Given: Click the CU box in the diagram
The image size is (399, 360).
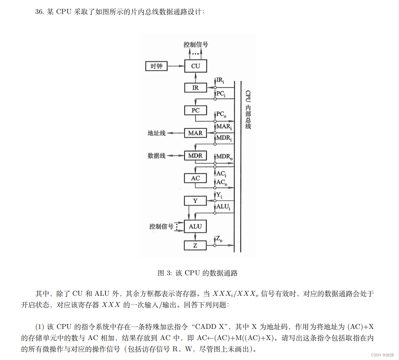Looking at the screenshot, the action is tap(195, 66).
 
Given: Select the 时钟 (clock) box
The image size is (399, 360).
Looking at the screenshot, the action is tap(156, 66).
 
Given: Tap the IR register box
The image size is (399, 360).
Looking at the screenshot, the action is tap(195, 88).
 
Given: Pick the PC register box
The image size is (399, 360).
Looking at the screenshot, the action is tap(195, 110).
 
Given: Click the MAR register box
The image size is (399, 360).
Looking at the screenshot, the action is tap(195, 133).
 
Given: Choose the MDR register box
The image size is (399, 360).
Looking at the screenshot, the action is tap(195, 155).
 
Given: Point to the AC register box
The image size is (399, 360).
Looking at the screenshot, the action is tap(195, 178).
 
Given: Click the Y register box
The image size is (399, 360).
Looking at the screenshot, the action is tap(195, 201).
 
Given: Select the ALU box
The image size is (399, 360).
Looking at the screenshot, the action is tap(195, 226).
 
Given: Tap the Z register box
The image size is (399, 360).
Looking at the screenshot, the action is tap(195, 245).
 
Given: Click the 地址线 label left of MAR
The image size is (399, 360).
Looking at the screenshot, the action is tap(157, 133).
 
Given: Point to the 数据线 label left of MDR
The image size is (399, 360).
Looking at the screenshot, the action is tap(157, 156).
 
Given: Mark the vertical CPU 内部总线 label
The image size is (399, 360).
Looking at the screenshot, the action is tap(248, 110).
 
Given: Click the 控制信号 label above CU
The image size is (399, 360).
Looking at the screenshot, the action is tap(196, 44).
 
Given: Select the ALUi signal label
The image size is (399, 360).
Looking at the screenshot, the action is tap(223, 207).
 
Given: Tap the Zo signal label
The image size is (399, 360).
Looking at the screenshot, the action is tap(219, 239).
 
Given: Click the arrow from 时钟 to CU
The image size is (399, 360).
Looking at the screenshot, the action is tap(176, 66).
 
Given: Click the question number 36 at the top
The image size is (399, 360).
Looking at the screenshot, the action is tap(39, 12).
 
